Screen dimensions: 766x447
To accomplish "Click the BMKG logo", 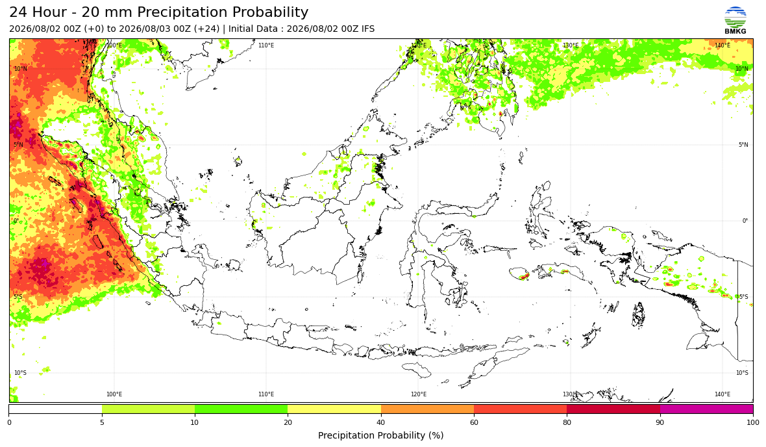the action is tap(735, 21).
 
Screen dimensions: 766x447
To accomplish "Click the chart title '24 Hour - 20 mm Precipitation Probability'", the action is tap(159, 12).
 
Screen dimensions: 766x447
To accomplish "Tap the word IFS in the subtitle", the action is tap(368, 29).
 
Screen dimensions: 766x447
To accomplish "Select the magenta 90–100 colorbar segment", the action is tap(706, 409).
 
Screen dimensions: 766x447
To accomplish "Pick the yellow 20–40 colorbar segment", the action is tap(334, 409).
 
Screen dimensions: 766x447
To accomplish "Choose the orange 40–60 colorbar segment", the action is tap(427, 409).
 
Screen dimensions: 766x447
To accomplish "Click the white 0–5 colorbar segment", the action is tap(55, 409).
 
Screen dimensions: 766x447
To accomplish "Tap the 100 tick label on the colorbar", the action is tap(753, 422).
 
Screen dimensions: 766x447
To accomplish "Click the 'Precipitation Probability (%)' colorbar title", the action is tap(380, 435).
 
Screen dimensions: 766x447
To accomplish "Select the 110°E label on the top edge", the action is tap(266, 45).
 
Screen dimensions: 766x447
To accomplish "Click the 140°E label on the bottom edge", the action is tap(723, 394).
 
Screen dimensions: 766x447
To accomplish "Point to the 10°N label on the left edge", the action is tap(21, 69).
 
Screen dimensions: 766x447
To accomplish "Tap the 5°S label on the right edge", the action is tap(743, 297).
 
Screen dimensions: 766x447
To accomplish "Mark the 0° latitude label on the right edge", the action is tap(745, 221).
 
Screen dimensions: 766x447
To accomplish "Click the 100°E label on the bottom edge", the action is tap(114, 394).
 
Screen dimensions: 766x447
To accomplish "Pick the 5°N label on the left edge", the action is tap(19, 145).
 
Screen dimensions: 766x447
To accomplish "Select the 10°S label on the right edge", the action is tap(742, 373).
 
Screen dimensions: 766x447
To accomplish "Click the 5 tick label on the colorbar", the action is tap(102, 422).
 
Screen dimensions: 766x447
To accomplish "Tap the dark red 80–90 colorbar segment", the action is tap(613, 409).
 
